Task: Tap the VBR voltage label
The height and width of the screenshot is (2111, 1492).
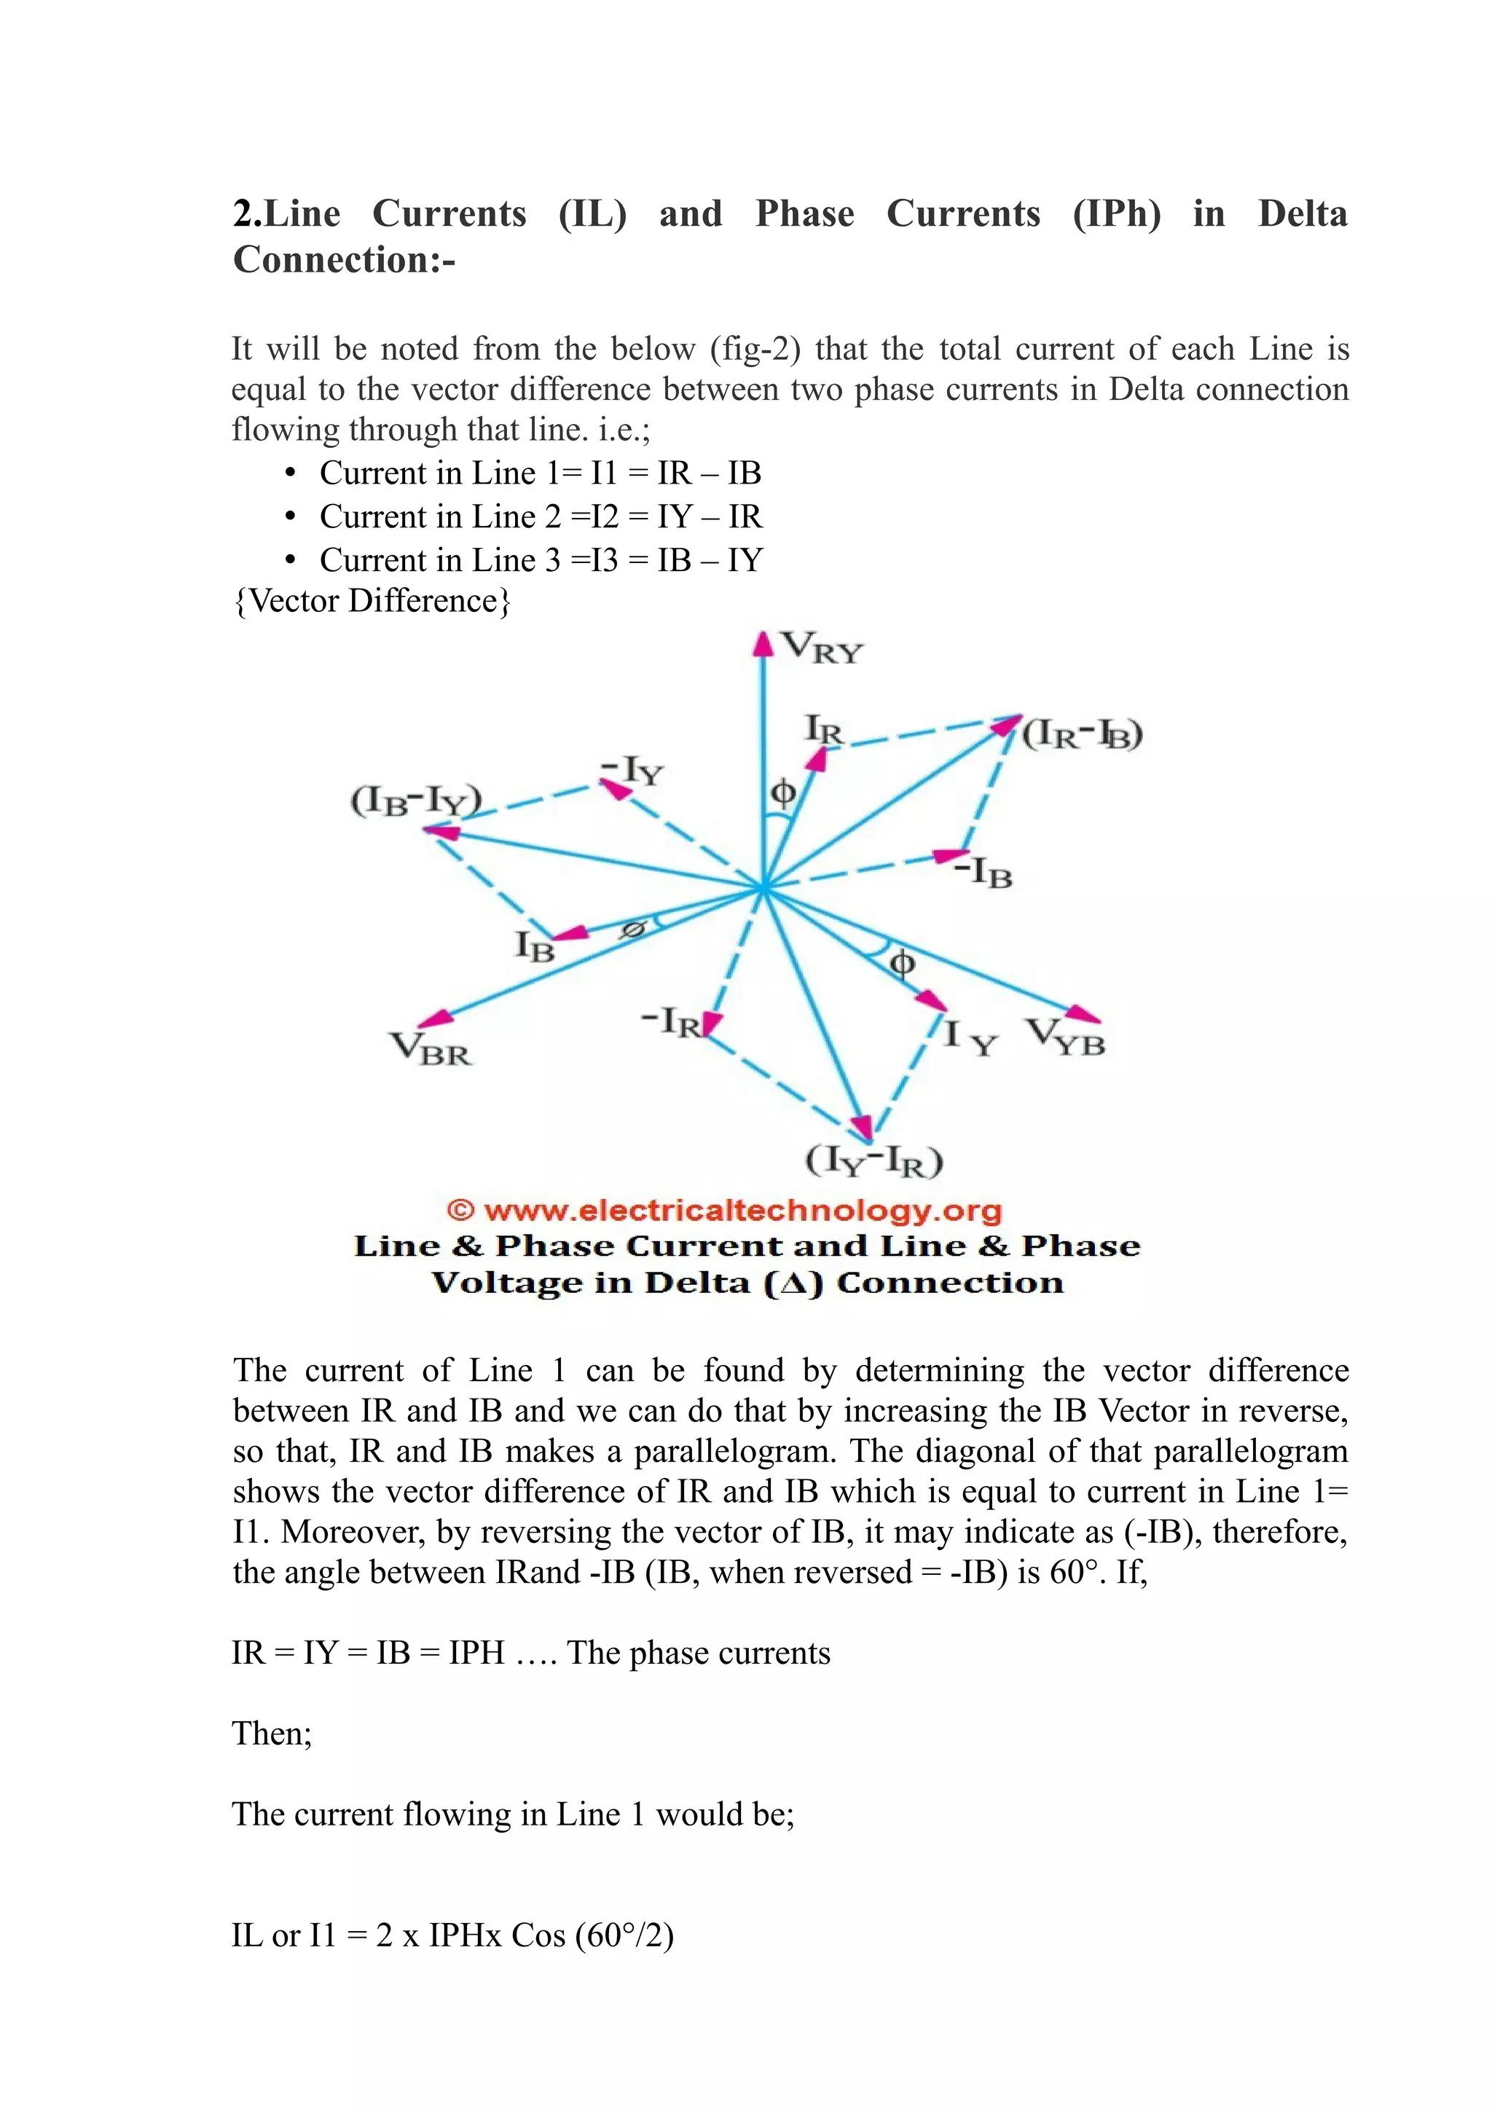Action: [x=431, y=1049]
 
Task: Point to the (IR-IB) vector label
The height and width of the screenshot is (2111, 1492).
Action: [x=1082, y=734]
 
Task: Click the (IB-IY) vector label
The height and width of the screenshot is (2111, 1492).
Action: [x=415, y=800]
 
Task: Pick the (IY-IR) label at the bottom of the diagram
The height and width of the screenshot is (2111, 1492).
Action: [x=874, y=1161]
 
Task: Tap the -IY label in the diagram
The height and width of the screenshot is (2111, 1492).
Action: [x=632, y=771]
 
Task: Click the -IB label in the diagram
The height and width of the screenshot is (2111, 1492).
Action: [x=983, y=872]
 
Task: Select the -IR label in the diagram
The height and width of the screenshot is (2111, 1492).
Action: [x=671, y=1021]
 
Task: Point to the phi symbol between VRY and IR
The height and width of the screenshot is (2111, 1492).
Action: [x=782, y=792]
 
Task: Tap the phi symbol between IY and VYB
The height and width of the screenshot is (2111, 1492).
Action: [x=902, y=963]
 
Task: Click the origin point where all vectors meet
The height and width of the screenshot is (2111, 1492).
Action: [x=763, y=888]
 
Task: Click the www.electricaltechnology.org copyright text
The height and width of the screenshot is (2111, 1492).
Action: [x=724, y=1210]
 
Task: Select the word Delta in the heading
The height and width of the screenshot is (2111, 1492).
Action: [x=1302, y=213]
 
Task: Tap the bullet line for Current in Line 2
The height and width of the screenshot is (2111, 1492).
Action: [x=541, y=516]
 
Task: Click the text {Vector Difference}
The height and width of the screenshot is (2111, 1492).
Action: [x=372, y=600]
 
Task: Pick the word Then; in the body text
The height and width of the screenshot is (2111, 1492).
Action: [x=272, y=1733]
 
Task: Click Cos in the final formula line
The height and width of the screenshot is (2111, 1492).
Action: [x=538, y=1935]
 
